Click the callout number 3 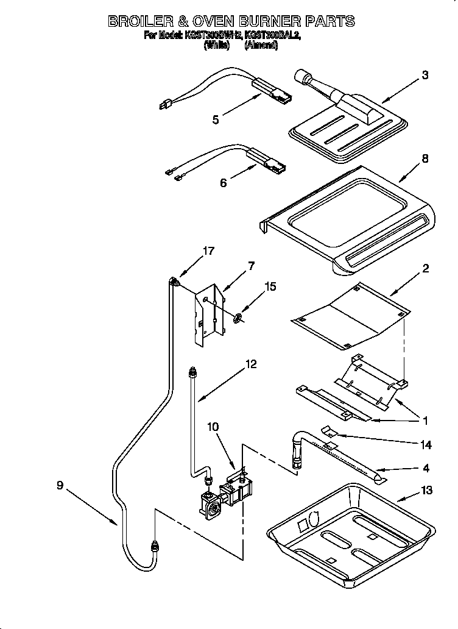click(425, 76)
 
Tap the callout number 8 click(425, 159)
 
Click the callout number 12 click(250, 364)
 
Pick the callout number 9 click(60, 485)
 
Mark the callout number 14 click(426, 446)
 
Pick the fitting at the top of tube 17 click(176, 282)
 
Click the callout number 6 click(224, 182)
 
